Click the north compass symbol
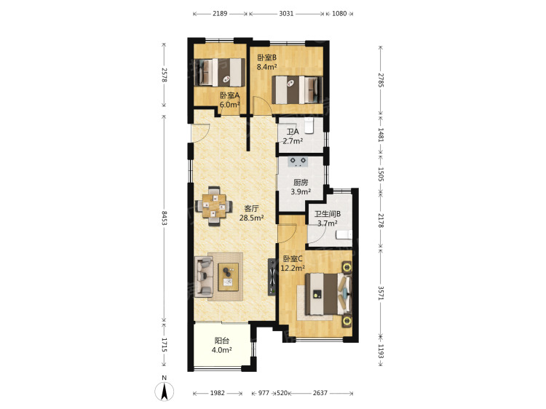coord(165,390)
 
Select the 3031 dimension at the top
coord(286,14)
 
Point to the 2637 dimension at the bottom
coord(320,393)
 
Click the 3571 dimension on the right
coord(381,293)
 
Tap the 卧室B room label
coord(266,57)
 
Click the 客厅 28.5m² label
coord(251,213)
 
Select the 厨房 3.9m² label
coord(301,186)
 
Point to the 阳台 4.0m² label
coord(222,345)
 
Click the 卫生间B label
coord(328,214)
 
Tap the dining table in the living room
coord(214,206)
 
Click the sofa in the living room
coord(204,277)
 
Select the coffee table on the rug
coord(228,277)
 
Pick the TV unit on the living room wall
coord(272,277)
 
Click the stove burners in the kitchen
coord(298,160)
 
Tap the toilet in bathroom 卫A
coord(309,126)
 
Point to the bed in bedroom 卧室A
coord(219,72)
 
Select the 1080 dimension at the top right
coord(339,14)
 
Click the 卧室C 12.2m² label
coord(293,263)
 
